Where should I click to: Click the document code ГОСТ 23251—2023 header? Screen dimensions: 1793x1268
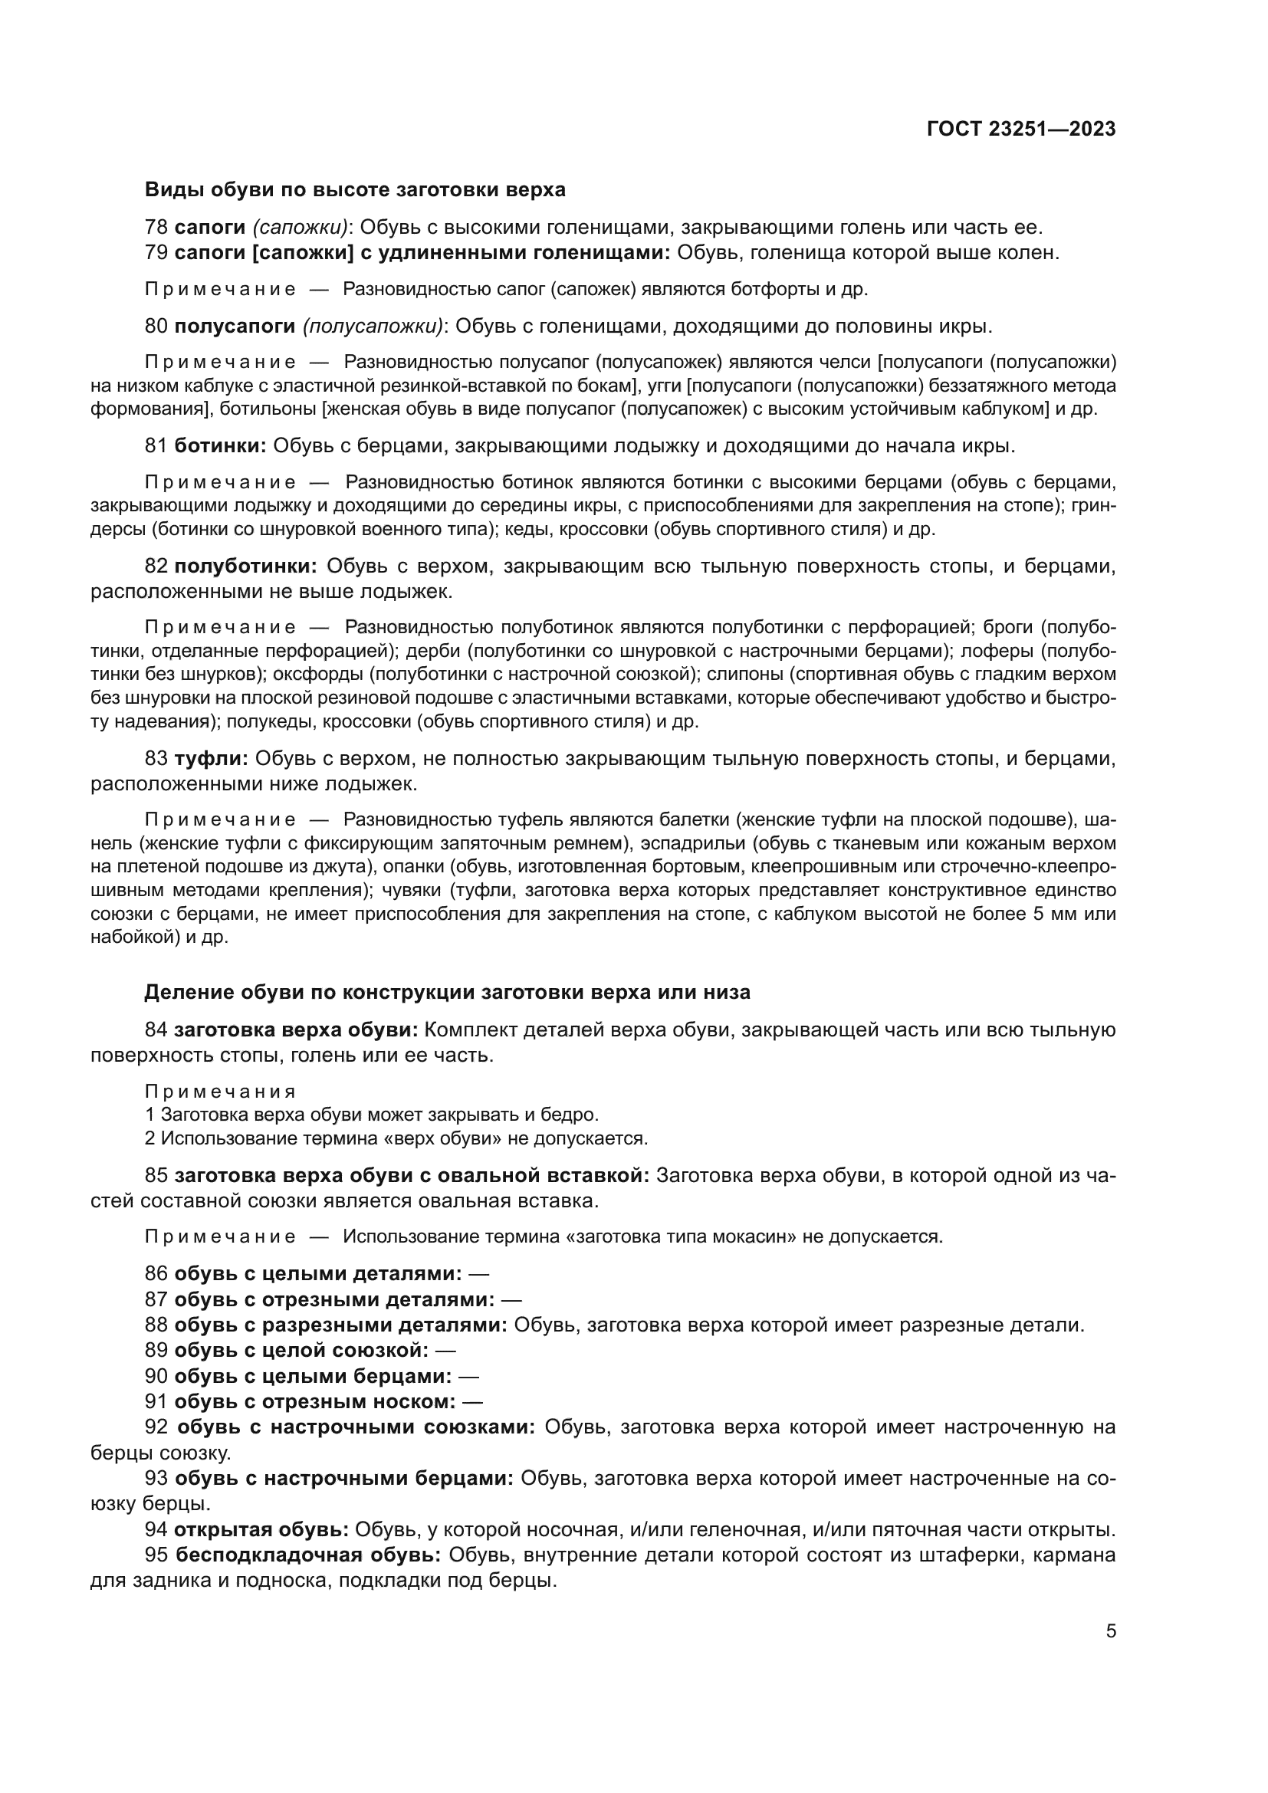click(x=1020, y=130)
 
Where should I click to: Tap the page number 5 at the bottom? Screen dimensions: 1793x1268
click(x=1110, y=1630)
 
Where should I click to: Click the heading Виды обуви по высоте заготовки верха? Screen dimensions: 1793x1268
click(x=355, y=190)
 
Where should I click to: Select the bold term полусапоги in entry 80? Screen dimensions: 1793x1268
click(x=235, y=326)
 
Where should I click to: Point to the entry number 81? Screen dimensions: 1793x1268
click(x=156, y=446)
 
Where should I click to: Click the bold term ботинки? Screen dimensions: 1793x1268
click(x=220, y=446)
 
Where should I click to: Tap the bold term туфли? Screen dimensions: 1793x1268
click(x=211, y=758)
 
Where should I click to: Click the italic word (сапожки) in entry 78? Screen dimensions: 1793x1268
click(x=300, y=227)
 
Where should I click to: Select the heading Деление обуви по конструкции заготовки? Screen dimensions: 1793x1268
click(x=448, y=993)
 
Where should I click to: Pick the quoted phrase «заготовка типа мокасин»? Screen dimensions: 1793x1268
click(x=633, y=1237)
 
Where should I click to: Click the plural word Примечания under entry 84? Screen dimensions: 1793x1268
click(x=220, y=1092)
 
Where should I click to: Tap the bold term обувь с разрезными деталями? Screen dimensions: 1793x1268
click(x=340, y=1325)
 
